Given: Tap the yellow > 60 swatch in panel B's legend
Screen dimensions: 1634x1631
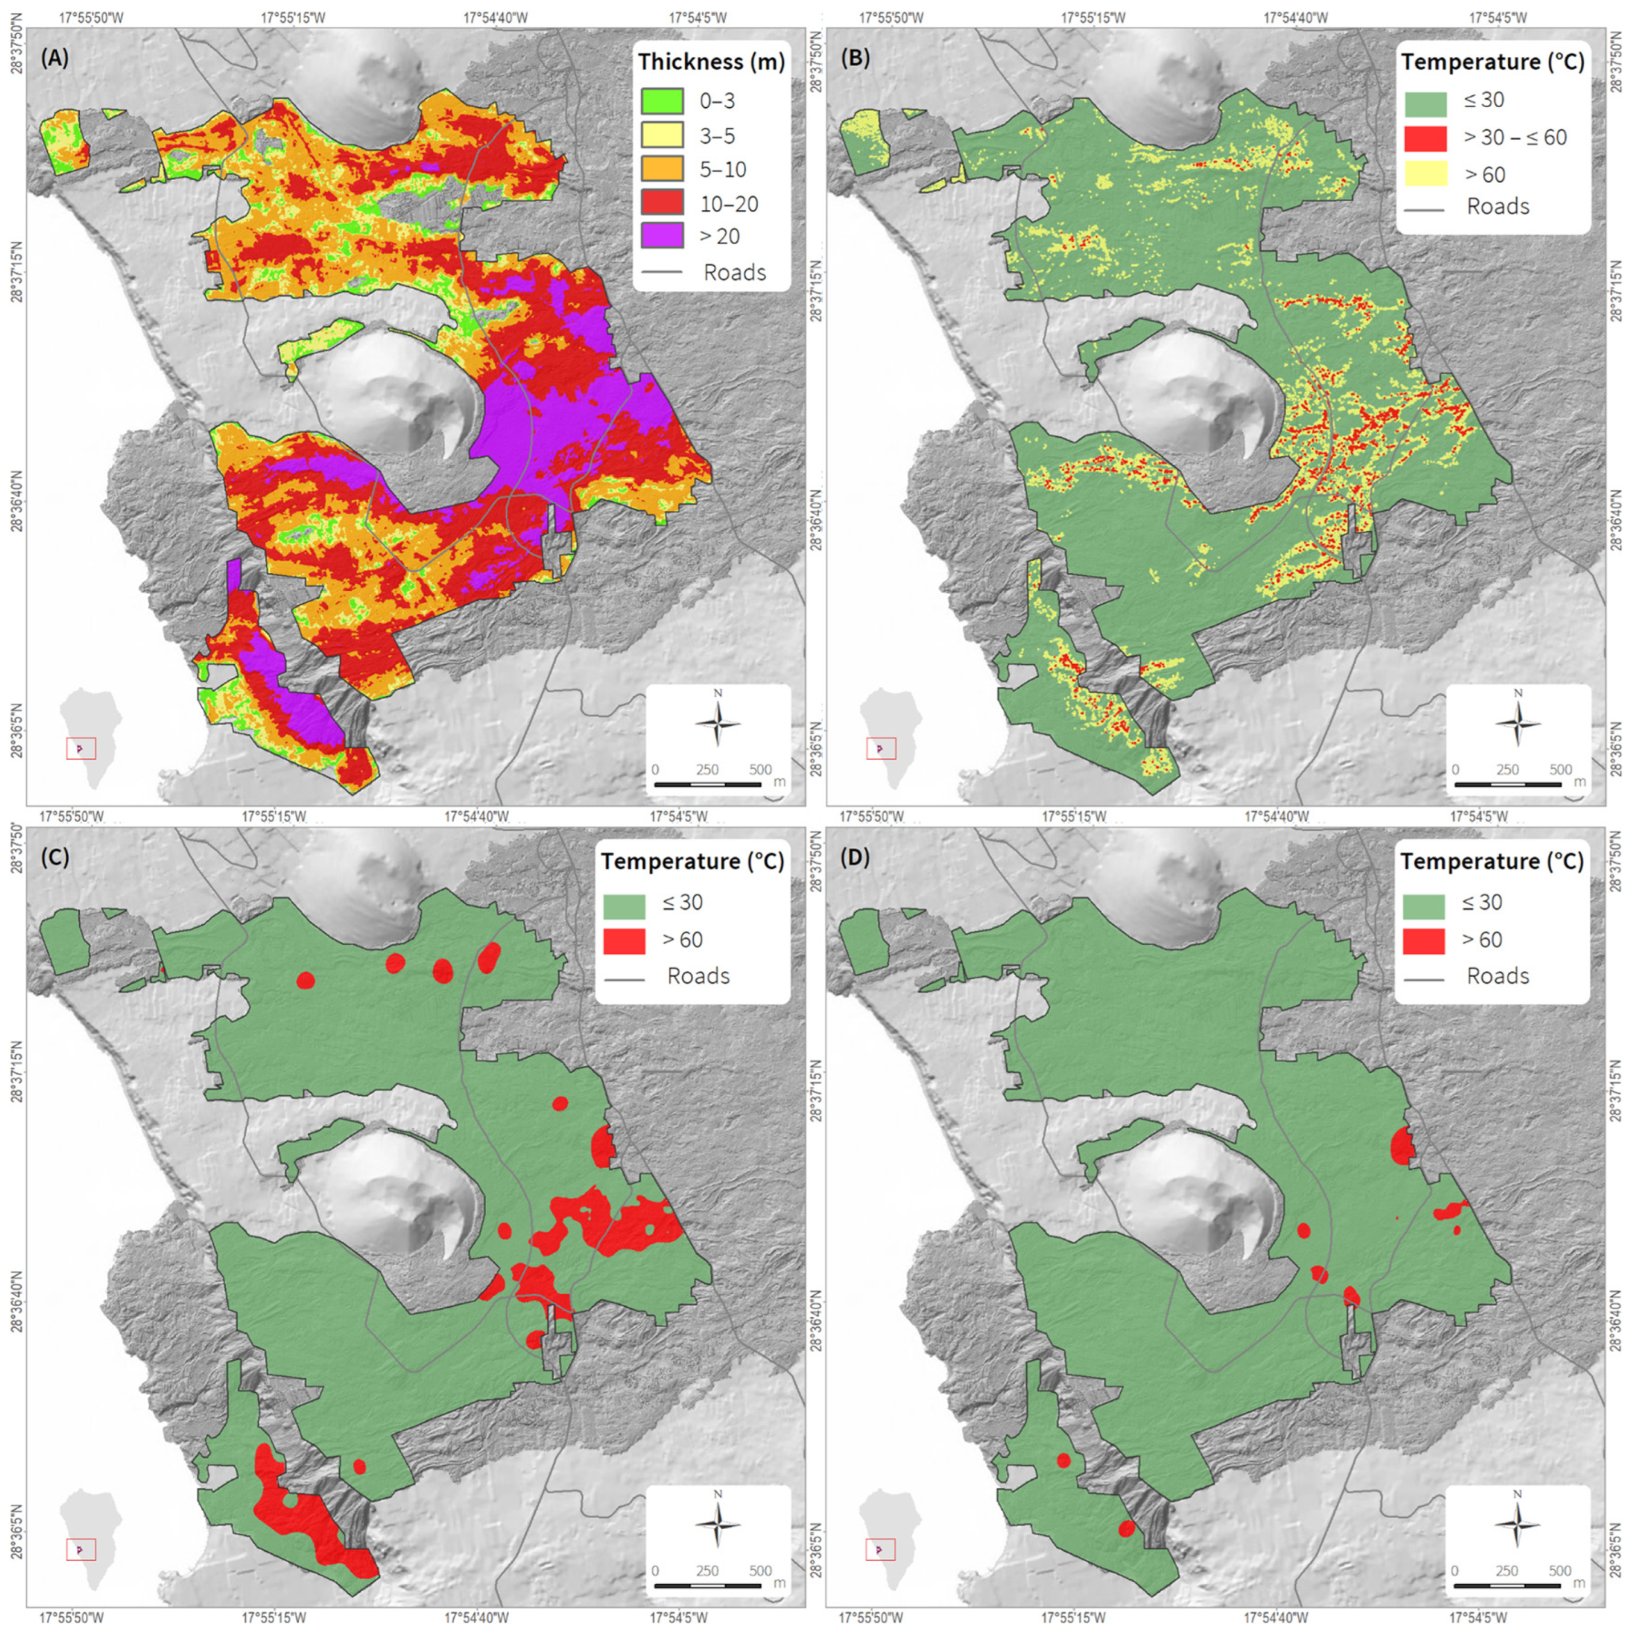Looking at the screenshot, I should (1426, 174).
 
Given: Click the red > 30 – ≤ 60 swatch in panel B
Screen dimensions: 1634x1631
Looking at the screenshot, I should (1426, 137).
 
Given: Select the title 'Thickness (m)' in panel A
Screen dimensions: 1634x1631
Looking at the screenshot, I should (711, 62).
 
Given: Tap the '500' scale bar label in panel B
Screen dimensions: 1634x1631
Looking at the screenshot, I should (1560, 770).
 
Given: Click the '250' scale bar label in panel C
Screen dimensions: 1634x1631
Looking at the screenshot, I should (707, 1571).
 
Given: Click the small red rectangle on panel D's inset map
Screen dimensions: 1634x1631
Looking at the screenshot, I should (881, 1548).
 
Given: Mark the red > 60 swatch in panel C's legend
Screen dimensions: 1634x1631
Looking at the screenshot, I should (625, 940).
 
